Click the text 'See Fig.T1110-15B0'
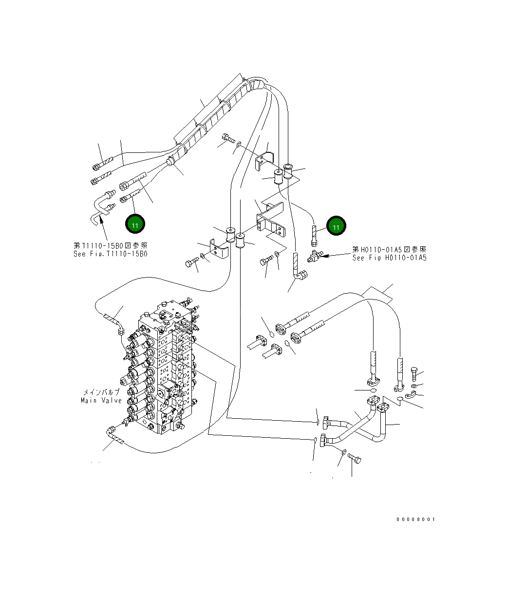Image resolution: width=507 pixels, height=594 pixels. (x=110, y=254)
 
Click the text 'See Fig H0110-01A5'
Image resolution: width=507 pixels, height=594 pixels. (x=389, y=258)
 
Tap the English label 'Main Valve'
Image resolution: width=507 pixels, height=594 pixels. (x=101, y=400)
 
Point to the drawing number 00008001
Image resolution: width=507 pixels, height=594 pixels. (x=415, y=519)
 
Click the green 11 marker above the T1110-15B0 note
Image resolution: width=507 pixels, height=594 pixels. (x=135, y=224)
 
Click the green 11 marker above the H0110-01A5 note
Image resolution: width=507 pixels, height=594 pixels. (x=336, y=226)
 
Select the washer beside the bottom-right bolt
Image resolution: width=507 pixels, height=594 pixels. (x=343, y=452)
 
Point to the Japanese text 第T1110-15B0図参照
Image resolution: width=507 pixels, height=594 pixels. (x=110, y=246)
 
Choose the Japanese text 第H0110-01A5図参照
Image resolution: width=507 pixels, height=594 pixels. (x=389, y=249)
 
